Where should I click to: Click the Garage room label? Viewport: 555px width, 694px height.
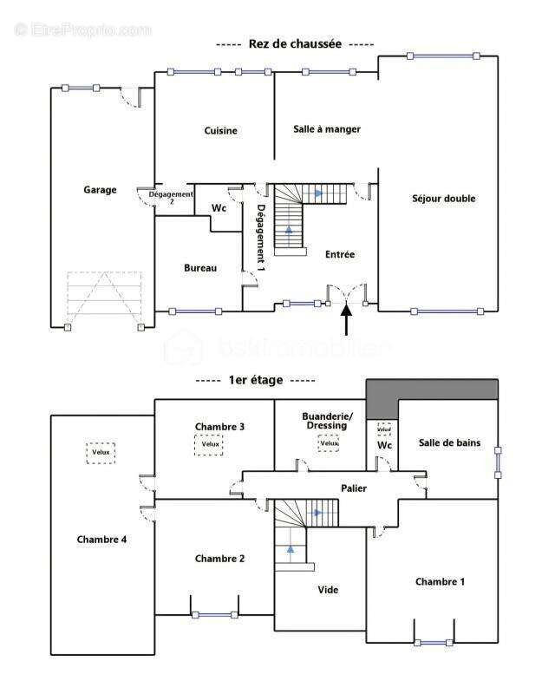click(x=100, y=190)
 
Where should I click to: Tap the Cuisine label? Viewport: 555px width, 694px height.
click(x=221, y=131)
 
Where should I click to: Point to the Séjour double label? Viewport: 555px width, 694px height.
click(x=443, y=199)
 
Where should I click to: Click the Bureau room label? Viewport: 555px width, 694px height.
click(x=200, y=268)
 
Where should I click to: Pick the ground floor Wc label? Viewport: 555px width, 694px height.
click(x=219, y=208)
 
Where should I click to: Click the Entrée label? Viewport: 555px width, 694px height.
click(x=340, y=254)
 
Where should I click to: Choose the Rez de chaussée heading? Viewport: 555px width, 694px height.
click(x=295, y=43)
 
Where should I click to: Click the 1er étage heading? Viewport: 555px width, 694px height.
click(x=256, y=380)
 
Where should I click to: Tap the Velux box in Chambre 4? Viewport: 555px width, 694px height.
click(x=101, y=453)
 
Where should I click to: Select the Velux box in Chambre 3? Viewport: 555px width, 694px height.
click(x=209, y=444)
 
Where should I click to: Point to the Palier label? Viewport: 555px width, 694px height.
click(x=353, y=488)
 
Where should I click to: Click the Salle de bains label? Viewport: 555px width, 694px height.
click(x=449, y=443)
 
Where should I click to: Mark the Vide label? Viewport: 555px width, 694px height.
click(x=328, y=590)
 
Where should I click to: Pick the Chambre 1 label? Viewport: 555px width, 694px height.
click(x=440, y=581)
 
